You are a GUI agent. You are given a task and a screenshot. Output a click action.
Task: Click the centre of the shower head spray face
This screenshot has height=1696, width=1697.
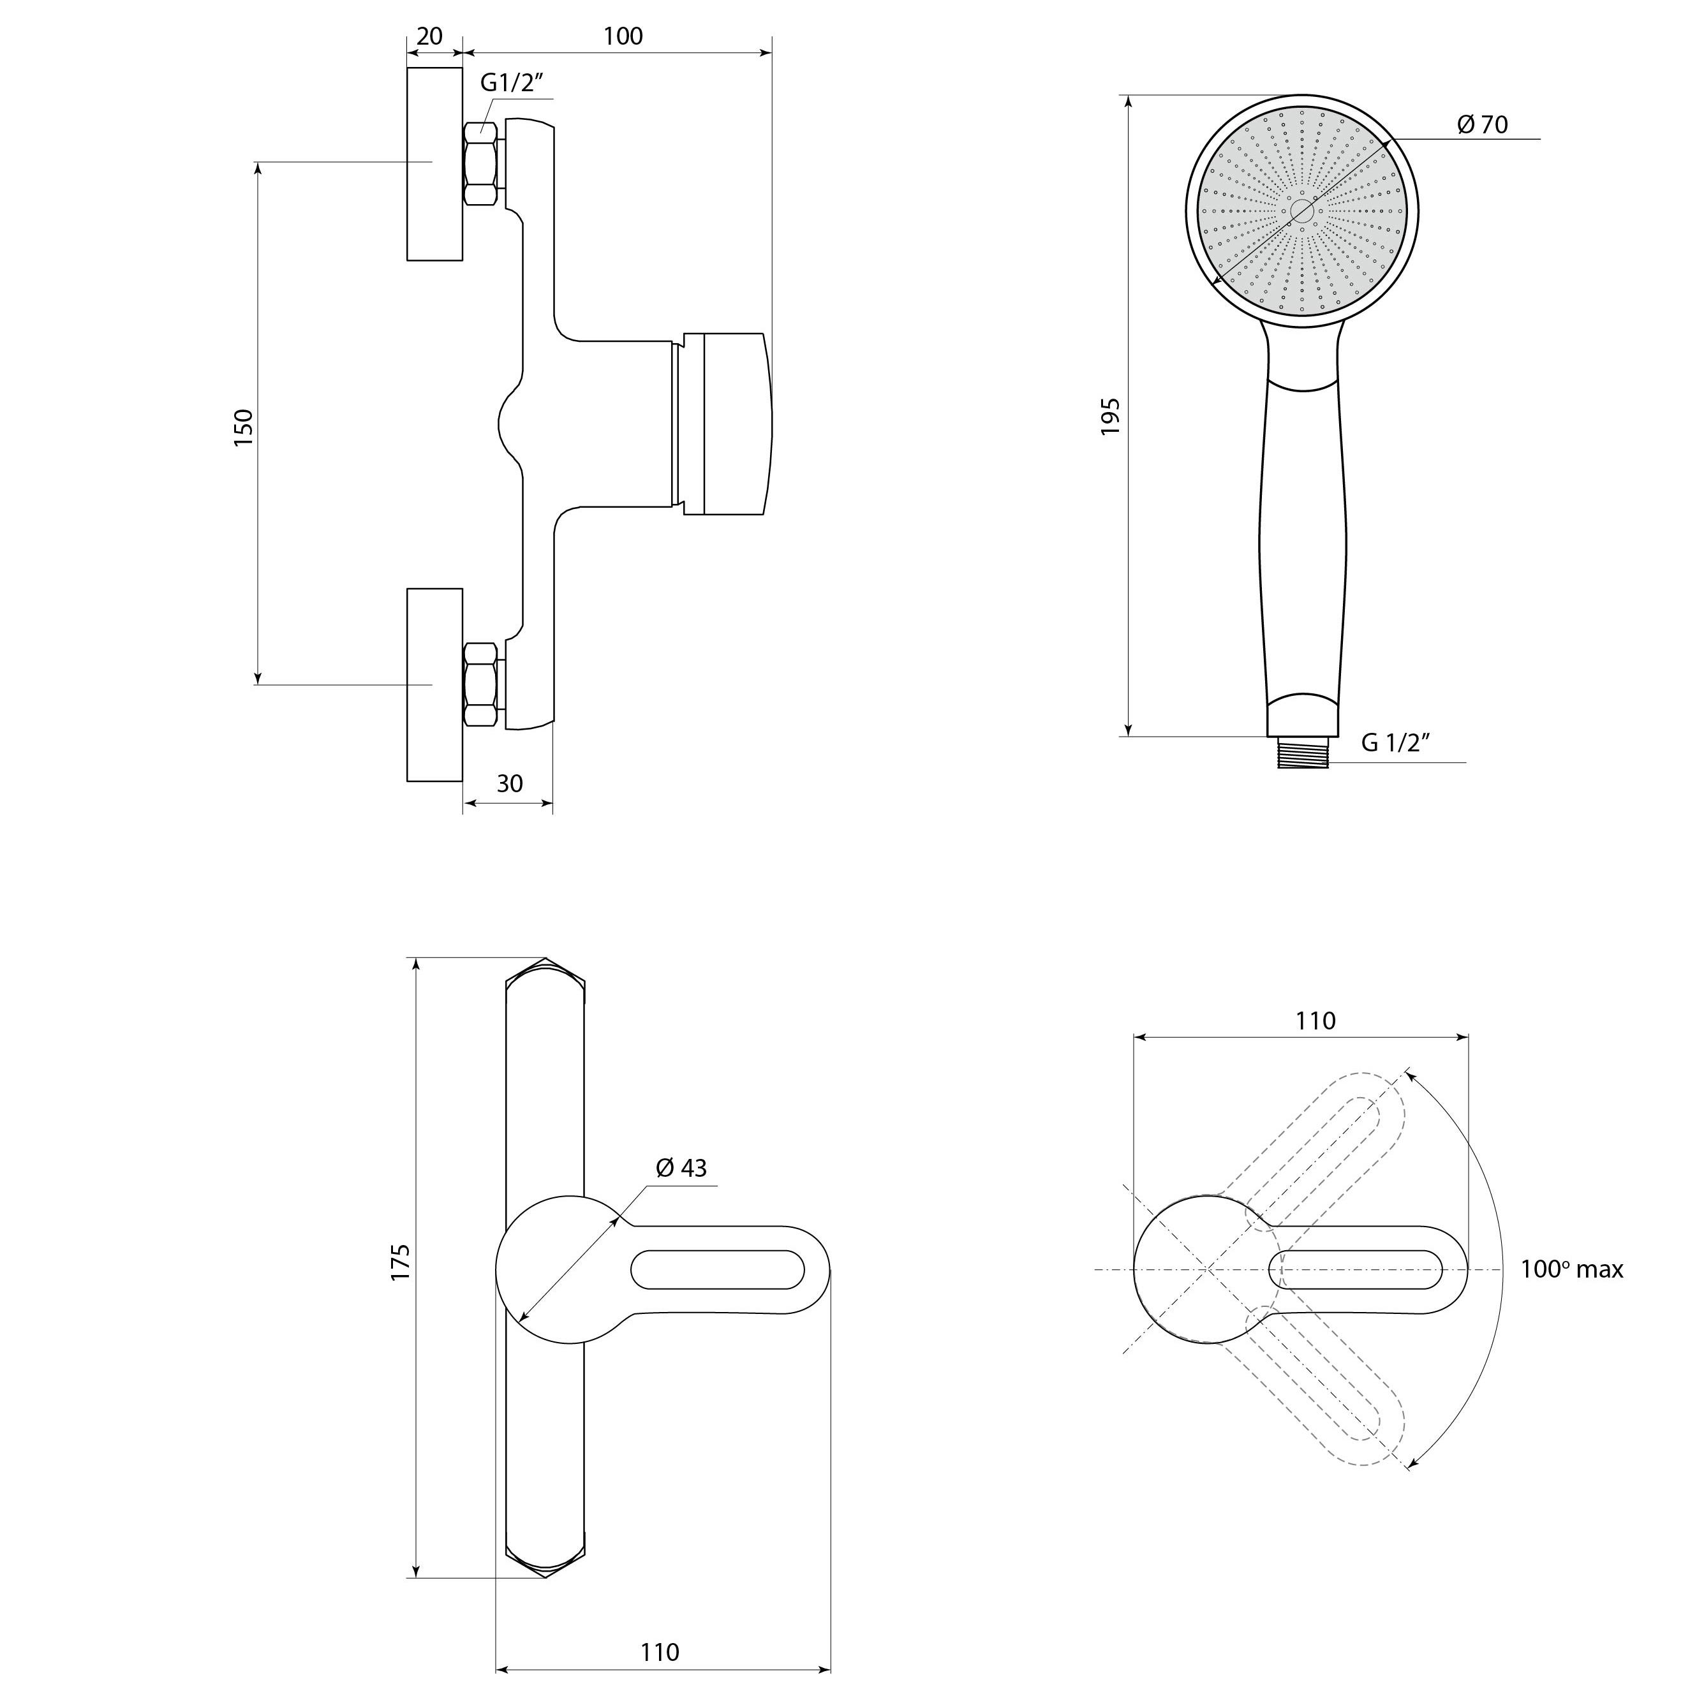click(x=1303, y=210)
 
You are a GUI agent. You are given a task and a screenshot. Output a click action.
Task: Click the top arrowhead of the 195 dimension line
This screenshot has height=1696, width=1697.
click(x=1129, y=101)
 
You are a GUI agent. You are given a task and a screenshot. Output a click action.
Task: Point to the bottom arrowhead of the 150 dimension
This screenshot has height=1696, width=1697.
click(x=257, y=677)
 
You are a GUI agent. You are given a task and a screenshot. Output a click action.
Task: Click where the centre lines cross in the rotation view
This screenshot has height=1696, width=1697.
click(x=1208, y=1269)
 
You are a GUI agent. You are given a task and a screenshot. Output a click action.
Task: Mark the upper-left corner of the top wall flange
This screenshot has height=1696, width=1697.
click(x=408, y=68)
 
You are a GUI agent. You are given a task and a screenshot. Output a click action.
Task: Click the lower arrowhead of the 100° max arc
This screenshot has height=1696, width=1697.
click(x=1412, y=1463)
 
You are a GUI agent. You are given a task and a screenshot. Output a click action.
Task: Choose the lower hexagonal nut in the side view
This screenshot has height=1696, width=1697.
click(x=480, y=684)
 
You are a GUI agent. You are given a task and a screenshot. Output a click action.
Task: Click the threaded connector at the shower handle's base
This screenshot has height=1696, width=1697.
click(x=1303, y=753)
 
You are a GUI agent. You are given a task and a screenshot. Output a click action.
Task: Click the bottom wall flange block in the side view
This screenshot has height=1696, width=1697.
click(x=435, y=684)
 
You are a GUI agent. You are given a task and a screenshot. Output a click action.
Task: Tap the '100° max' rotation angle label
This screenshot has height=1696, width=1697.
click(x=1572, y=1269)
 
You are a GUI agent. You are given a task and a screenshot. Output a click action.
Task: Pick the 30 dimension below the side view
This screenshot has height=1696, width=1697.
click(x=510, y=783)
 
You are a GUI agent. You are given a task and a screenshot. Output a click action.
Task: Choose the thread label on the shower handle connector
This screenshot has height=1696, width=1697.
click(x=1397, y=743)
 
